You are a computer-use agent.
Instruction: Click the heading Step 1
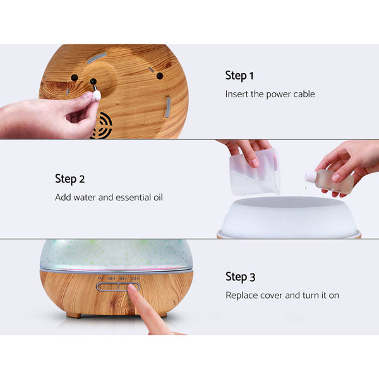click(x=239, y=76)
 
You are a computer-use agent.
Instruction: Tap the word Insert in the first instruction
click(x=237, y=94)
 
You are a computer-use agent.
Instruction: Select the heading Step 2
click(x=69, y=179)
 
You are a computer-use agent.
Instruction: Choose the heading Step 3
click(x=239, y=277)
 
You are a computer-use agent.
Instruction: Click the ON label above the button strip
click(x=135, y=279)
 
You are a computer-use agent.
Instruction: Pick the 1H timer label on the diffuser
click(x=100, y=279)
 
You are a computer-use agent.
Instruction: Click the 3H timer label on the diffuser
click(x=112, y=279)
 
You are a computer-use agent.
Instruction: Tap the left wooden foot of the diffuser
click(x=74, y=314)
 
